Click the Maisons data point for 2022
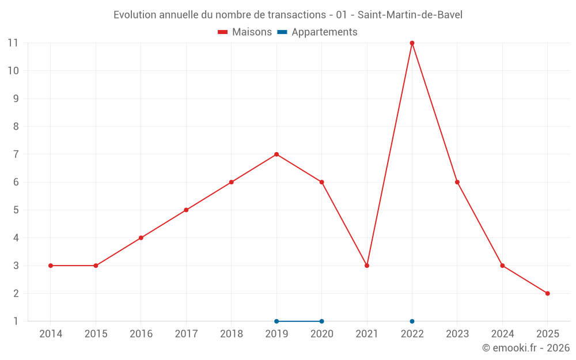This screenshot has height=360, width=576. (x=412, y=43)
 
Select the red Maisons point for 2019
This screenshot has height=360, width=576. (x=276, y=154)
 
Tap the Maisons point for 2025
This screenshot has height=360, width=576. (x=547, y=293)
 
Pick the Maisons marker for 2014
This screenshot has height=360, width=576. (x=51, y=266)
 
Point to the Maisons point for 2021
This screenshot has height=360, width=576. (x=367, y=266)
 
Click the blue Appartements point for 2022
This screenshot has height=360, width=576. (x=412, y=321)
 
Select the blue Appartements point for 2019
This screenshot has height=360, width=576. (x=276, y=321)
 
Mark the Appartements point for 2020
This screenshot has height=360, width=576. (x=321, y=321)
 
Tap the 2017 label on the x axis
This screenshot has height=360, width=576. (x=186, y=334)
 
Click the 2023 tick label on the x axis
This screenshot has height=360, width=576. (x=457, y=334)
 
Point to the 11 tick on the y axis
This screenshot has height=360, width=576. (x=13, y=43)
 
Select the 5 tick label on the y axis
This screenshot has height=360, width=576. (x=16, y=210)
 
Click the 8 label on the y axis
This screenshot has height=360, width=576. (x=16, y=127)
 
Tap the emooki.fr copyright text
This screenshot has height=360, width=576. (x=526, y=348)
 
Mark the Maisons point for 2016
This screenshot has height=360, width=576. (x=141, y=238)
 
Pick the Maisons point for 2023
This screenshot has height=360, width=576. (x=457, y=182)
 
